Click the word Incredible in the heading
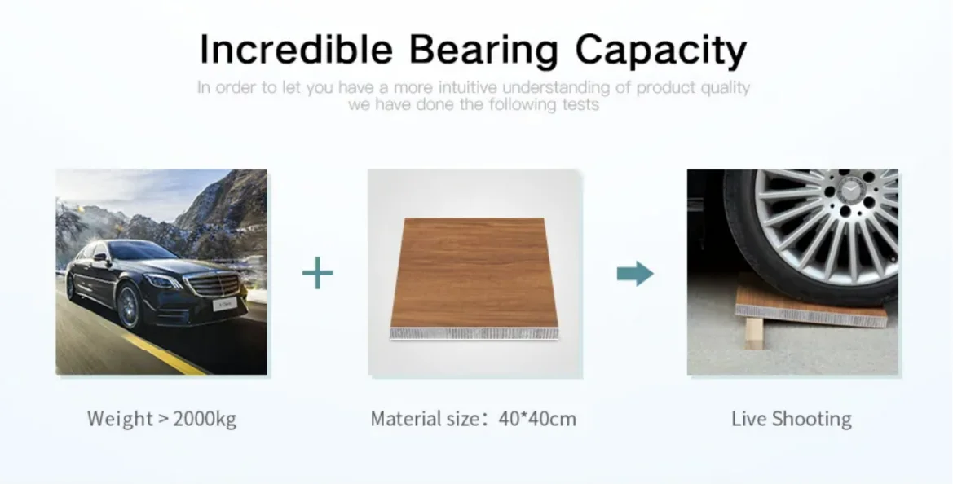[x=296, y=49]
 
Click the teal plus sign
[x=317, y=273]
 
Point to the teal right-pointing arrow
[x=635, y=273]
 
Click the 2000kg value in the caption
[x=205, y=419]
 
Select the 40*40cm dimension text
[x=537, y=419]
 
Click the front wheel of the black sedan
[x=128, y=307]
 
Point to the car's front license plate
[x=223, y=304]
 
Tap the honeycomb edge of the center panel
[x=474, y=333]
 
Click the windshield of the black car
[x=142, y=251]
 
